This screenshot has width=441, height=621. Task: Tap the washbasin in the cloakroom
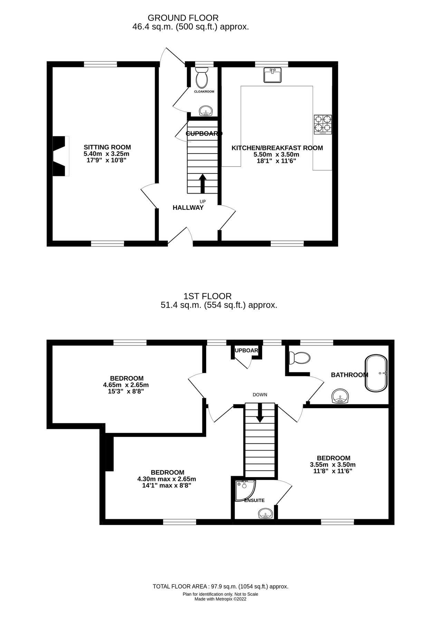pyautogui.click(x=206, y=111)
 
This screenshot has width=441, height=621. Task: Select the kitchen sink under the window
pyautogui.click(x=272, y=75)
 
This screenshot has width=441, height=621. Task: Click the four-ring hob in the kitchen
pyautogui.click(x=323, y=125)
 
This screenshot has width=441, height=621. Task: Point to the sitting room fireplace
pyautogui.click(x=59, y=156)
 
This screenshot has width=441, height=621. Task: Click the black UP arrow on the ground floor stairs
pyautogui.click(x=202, y=183)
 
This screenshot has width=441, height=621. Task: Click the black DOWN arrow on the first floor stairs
pyautogui.click(x=260, y=413)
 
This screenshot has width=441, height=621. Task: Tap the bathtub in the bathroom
pyautogui.click(x=376, y=373)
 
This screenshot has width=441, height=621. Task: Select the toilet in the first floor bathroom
pyautogui.click(x=300, y=358)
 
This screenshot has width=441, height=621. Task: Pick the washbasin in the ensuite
pyautogui.click(x=266, y=514)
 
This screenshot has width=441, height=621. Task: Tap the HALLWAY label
pyautogui.click(x=188, y=208)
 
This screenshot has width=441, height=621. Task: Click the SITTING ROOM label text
pyautogui.click(x=107, y=147)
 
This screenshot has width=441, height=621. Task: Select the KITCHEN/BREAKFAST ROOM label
pyautogui.click(x=277, y=148)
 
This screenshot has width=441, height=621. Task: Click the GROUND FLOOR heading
pyautogui.click(x=183, y=18)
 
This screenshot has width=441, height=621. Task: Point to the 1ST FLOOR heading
pyautogui.click(x=207, y=296)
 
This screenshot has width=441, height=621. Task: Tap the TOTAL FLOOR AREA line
pyautogui.click(x=220, y=586)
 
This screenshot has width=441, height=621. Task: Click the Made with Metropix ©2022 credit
pyautogui.click(x=220, y=599)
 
